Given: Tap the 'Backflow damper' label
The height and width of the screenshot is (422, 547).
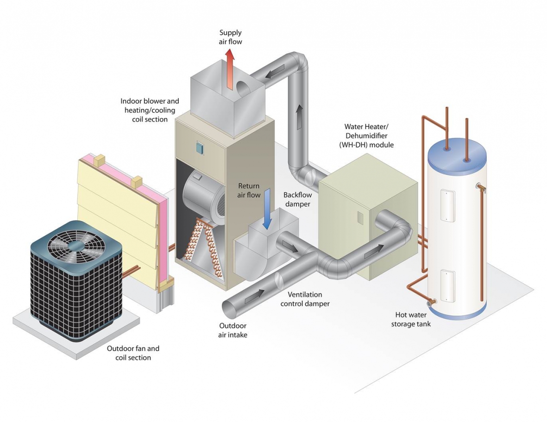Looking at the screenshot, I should pos(298,199).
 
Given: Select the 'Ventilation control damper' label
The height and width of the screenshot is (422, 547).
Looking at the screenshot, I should pos(305,299).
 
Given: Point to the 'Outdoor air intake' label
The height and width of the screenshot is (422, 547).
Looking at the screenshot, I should pos(233,330).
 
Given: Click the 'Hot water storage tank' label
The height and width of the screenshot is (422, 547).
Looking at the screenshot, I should pos(411,319).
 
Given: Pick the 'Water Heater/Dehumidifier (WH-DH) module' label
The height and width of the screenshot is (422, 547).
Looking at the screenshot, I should pos(369,136).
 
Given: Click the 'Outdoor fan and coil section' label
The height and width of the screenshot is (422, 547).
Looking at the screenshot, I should pos(133,353).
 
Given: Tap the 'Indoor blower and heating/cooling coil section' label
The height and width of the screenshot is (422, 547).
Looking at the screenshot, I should pos(150,110).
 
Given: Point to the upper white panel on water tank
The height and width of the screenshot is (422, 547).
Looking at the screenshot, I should pos(448,205).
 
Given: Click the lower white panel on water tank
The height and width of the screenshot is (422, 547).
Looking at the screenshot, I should pos(448,285).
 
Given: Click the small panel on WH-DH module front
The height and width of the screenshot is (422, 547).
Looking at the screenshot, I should pos(359,217).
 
